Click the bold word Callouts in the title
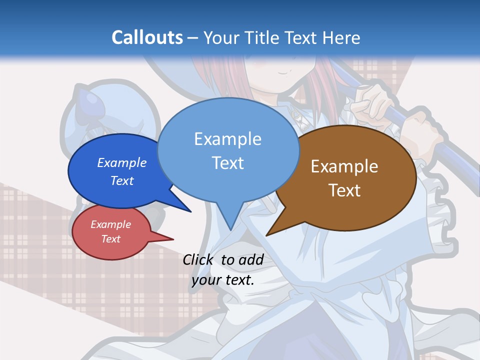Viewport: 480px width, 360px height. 147,37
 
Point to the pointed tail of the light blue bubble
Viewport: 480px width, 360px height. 230,220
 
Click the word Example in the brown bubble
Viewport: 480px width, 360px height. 344,166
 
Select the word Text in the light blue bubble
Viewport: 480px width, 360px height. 228,163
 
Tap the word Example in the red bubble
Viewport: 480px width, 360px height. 110,224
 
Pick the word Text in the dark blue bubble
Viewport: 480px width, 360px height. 122,180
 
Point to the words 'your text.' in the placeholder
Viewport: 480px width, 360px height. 223,280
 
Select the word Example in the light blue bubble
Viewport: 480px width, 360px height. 228,139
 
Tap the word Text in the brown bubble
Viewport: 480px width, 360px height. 344,190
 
